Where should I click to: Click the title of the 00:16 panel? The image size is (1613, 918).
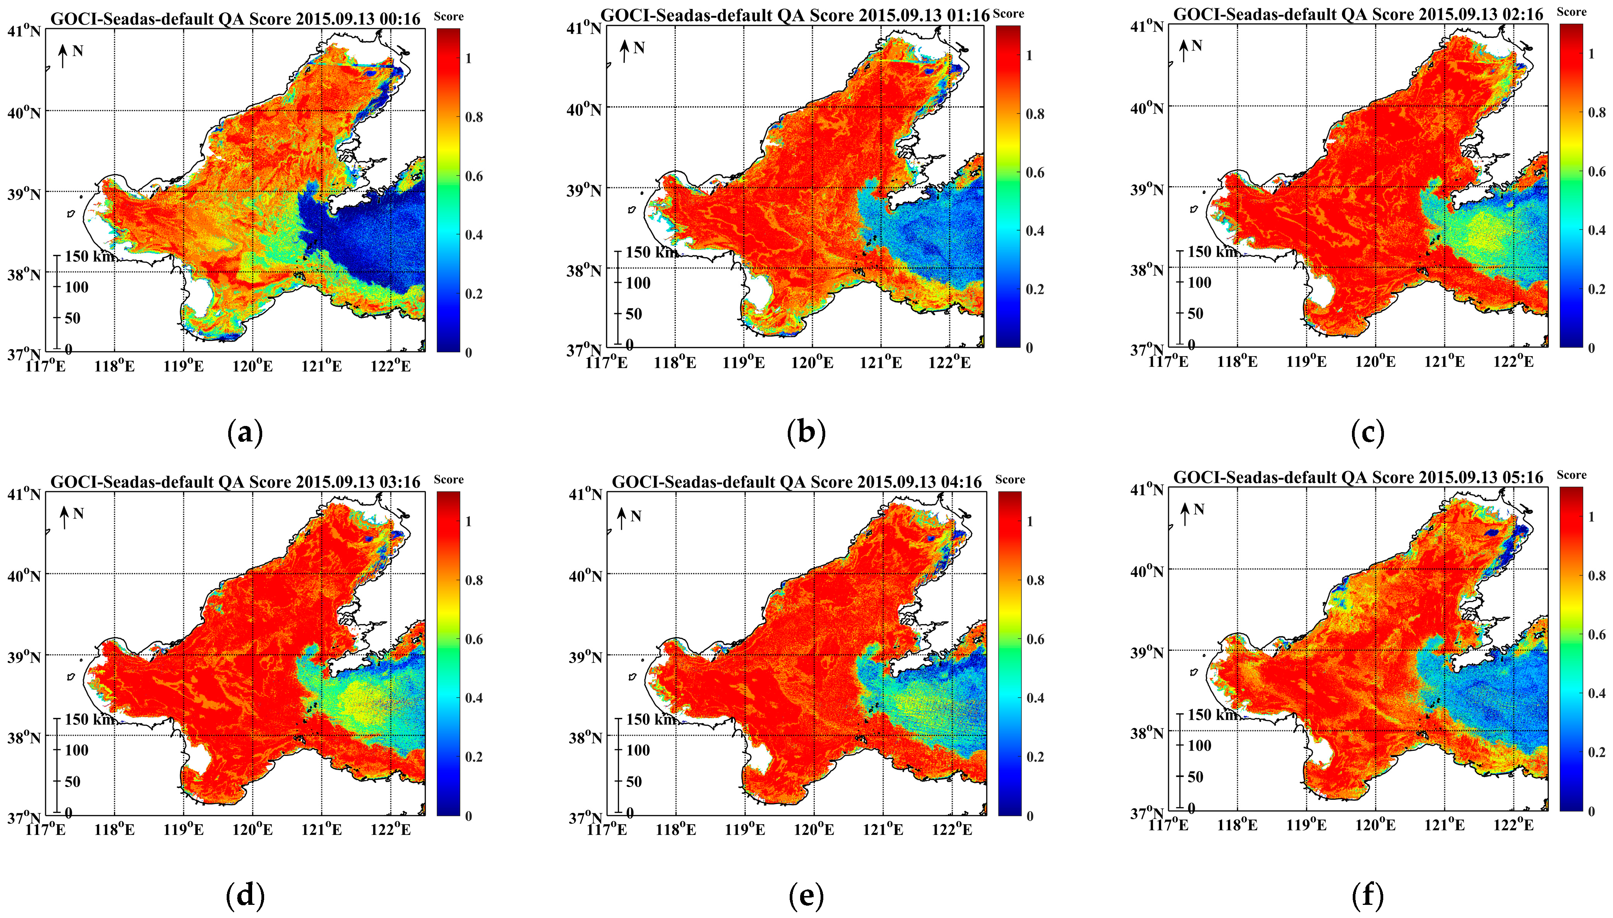pos(235,19)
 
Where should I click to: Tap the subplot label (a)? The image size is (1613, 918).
pos(244,433)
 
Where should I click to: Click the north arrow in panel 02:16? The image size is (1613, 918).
pos(1183,51)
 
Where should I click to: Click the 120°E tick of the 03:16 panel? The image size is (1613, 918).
pos(252,829)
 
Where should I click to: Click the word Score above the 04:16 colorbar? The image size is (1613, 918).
pos(1010,480)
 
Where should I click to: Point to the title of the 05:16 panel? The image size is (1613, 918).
pos(1358,478)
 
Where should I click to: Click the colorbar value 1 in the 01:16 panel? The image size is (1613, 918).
pos(1030,56)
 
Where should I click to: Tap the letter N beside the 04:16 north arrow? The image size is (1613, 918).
pos(636,516)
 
